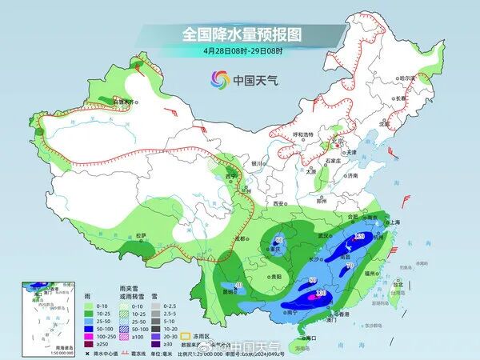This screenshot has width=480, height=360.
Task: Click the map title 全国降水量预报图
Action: (x=239, y=34)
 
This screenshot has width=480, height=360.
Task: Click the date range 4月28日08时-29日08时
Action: (x=239, y=50)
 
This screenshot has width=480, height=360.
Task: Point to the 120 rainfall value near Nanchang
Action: (x=359, y=237)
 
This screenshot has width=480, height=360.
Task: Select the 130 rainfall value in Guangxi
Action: (x=321, y=294)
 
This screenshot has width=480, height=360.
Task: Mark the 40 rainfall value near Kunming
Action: (x=238, y=285)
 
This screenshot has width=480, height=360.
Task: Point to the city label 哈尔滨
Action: (x=409, y=78)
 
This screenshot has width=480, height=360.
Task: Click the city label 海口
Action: (x=305, y=338)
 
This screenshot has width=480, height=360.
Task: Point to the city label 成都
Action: (x=241, y=238)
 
